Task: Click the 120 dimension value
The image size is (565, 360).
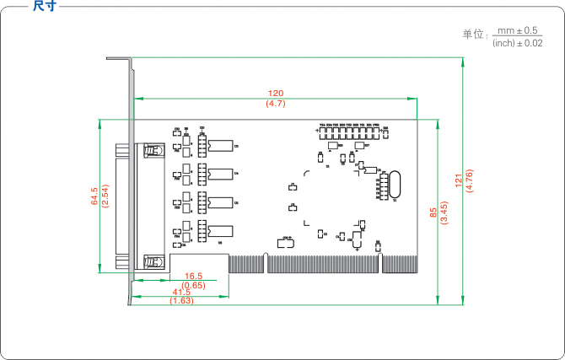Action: [x=276, y=93]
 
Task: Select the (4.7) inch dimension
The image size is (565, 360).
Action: [x=276, y=103]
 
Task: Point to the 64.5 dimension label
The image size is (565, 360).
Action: [x=95, y=197]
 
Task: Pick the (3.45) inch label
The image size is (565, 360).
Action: [x=444, y=212]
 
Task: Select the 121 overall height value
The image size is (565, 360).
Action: [x=458, y=180]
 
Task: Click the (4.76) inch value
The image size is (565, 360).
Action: [x=469, y=180]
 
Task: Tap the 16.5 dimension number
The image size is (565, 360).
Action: [x=194, y=276]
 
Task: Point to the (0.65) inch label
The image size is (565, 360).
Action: [x=194, y=285]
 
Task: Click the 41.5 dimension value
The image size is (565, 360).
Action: [x=181, y=293]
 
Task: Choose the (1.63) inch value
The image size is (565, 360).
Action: [x=181, y=301]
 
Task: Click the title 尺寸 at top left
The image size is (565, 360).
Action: [x=45, y=6]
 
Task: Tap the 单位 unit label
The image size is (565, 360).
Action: [x=475, y=35]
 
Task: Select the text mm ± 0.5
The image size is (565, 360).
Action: [x=518, y=30]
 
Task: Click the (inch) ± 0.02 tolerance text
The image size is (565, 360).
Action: [x=517, y=43]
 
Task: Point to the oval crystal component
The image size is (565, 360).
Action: [x=394, y=186]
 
